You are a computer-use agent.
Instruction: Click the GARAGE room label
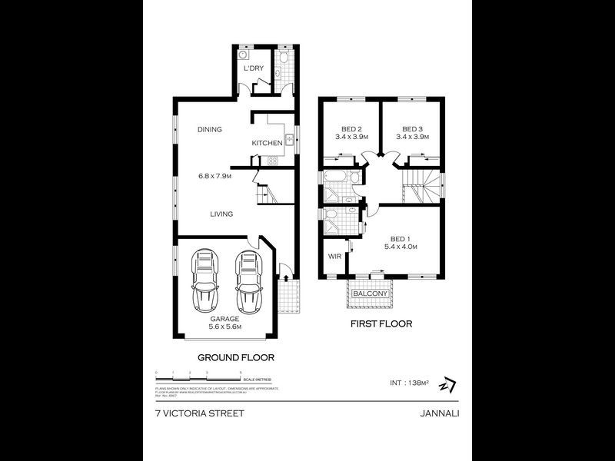point(224,318)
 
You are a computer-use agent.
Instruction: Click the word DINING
point(209,130)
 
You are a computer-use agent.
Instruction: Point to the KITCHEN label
point(267,144)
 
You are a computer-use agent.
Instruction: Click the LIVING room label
point(221,214)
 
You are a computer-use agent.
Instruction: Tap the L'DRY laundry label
point(254,69)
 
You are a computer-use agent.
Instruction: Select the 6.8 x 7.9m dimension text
point(214,176)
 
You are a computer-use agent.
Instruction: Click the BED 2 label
point(351,128)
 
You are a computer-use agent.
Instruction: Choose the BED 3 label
point(413,128)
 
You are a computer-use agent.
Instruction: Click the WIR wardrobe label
point(334,257)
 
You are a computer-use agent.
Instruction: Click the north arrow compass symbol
point(445,383)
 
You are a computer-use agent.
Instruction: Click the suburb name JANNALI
point(440,413)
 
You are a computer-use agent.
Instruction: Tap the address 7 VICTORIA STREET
point(199,413)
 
